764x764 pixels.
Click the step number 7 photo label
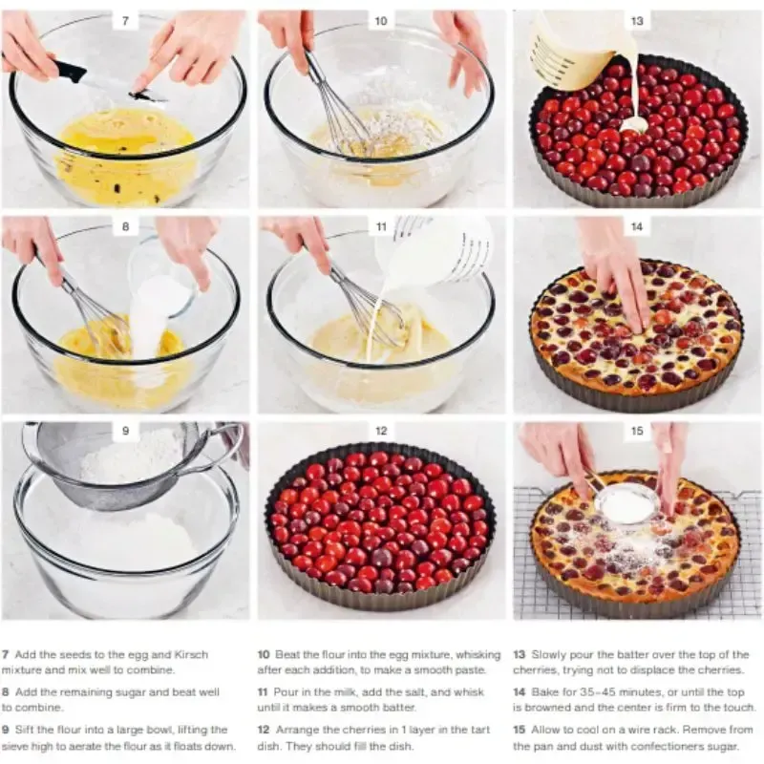coord(126,21)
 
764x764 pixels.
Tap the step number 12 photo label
coord(381,431)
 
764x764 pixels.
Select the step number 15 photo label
coord(637,431)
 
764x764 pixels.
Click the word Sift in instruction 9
coord(23,730)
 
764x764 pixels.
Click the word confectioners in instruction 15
coord(673,746)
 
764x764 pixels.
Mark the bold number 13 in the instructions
coord(519,654)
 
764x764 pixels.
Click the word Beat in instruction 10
coord(286,654)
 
